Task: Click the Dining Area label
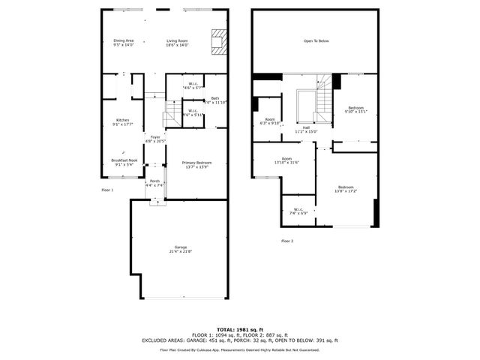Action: coord(123,40)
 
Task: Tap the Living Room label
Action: coord(177,40)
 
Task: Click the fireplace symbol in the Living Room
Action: coord(218,42)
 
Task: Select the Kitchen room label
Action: coord(122,121)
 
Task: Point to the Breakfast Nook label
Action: coord(124,160)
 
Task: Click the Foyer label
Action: coord(154,137)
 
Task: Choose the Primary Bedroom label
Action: coord(196,163)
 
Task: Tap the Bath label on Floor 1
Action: coord(215,98)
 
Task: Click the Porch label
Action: coord(154,181)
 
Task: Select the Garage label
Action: coord(180,247)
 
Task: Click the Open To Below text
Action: coord(316,41)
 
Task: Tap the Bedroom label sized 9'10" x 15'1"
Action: coord(355,108)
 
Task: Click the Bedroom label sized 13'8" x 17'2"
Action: coord(345,187)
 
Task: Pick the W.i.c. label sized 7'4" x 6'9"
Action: coord(298,209)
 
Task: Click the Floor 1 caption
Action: coord(106,190)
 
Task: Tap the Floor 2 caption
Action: coord(287,241)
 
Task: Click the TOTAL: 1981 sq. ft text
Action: coord(240,329)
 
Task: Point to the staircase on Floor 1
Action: coord(173,113)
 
